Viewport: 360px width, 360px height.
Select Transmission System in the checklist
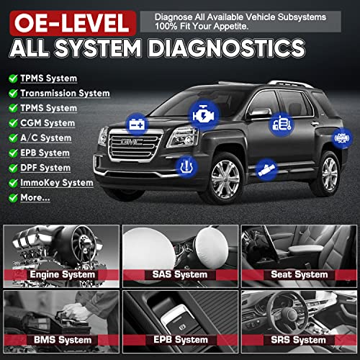(x=65, y=93)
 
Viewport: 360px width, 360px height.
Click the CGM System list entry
(x=47, y=123)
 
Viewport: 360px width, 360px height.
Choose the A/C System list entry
(x=47, y=138)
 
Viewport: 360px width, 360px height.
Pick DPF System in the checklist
(x=47, y=168)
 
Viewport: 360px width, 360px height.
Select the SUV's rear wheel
(x=327, y=172)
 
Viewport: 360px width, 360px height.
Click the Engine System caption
(x=63, y=275)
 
